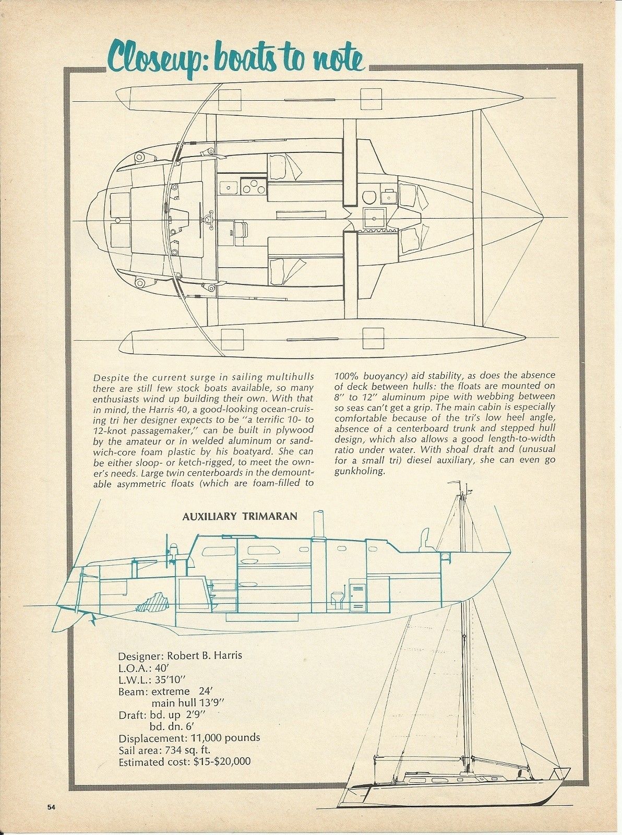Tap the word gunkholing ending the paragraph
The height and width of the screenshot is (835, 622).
tap(360, 471)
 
